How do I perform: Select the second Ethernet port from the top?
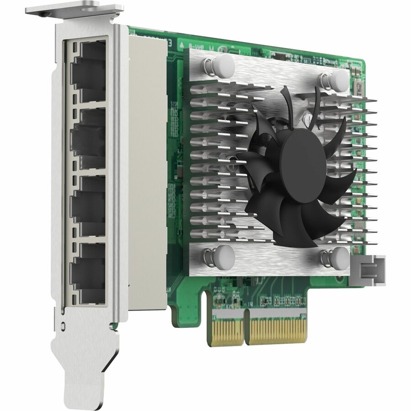88,138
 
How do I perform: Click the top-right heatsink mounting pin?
338,79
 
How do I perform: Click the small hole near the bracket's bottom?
63,326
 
